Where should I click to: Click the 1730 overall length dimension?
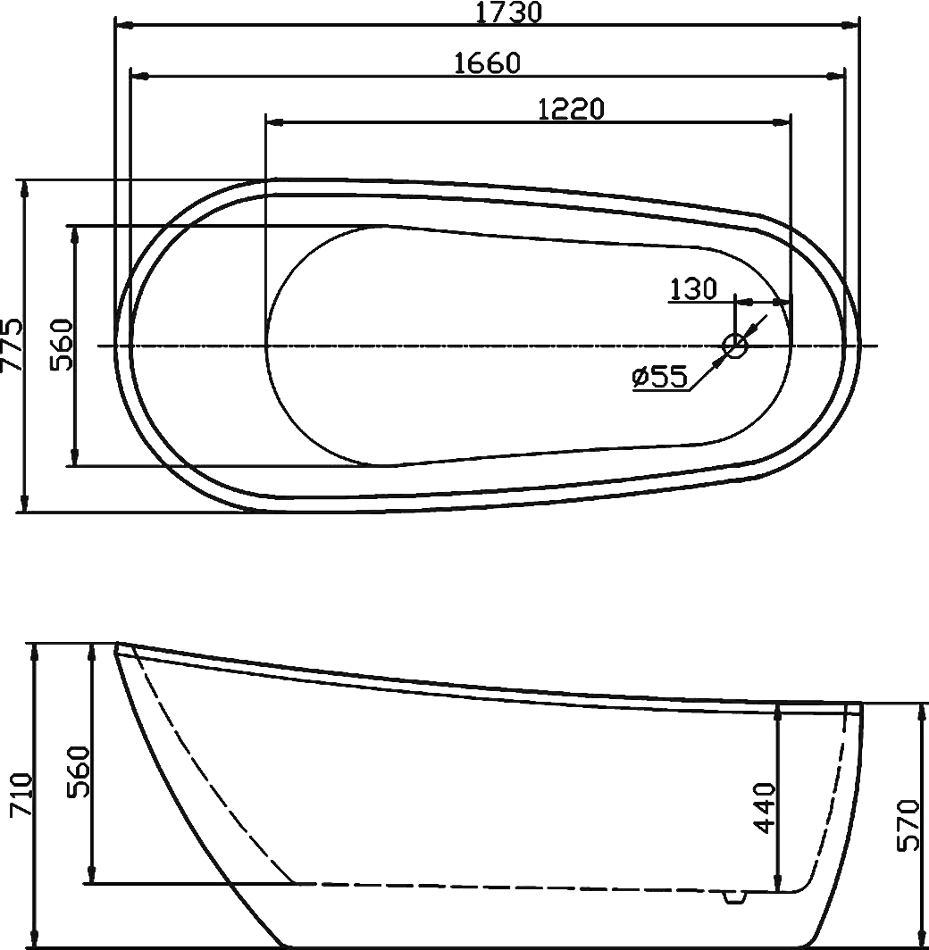pyautogui.click(x=508, y=12)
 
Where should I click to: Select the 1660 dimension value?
pyautogui.click(x=487, y=63)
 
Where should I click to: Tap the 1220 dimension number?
pyautogui.click(x=572, y=109)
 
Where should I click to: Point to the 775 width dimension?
pyautogui.click(x=12, y=346)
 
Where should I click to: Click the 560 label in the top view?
pyautogui.click(x=62, y=346)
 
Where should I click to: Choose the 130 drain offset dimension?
pyautogui.click(x=693, y=289)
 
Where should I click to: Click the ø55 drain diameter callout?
pyautogui.click(x=660, y=378)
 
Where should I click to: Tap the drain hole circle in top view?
pyautogui.click(x=735, y=346)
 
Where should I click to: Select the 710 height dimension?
pyautogui.click(x=21, y=795)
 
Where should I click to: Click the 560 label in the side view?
pyautogui.click(x=79, y=771)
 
